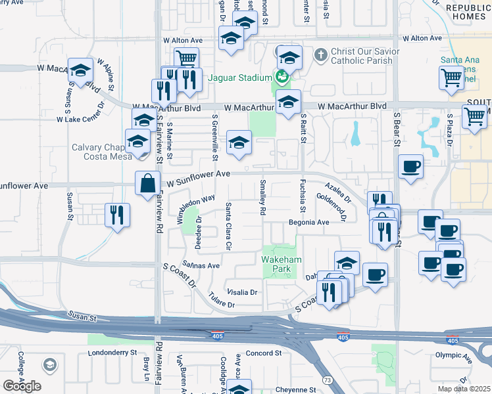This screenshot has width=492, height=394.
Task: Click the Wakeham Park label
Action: click(x=282, y=265)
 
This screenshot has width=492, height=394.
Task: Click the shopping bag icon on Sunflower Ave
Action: click(x=147, y=183)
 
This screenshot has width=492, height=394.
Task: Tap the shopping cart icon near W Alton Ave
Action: click(x=187, y=58)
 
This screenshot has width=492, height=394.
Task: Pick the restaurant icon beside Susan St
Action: click(x=117, y=215)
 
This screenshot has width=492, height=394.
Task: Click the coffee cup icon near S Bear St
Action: click(x=410, y=166)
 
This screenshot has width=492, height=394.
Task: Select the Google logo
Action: click(x=22, y=386)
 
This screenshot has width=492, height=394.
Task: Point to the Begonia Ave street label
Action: click(x=308, y=223)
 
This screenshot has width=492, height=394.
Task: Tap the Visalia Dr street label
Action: click(x=241, y=292)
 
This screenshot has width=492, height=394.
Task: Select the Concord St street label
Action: click(x=263, y=353)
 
